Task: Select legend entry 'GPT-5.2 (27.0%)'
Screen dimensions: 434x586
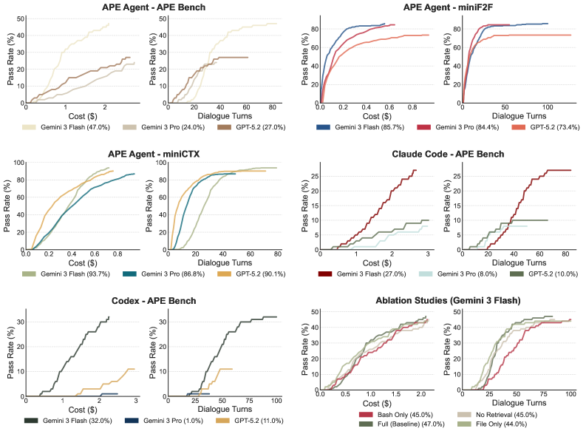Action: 241,127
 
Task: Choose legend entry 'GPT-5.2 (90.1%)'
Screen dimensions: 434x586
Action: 241,274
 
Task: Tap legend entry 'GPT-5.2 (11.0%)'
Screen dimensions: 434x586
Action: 241,421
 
